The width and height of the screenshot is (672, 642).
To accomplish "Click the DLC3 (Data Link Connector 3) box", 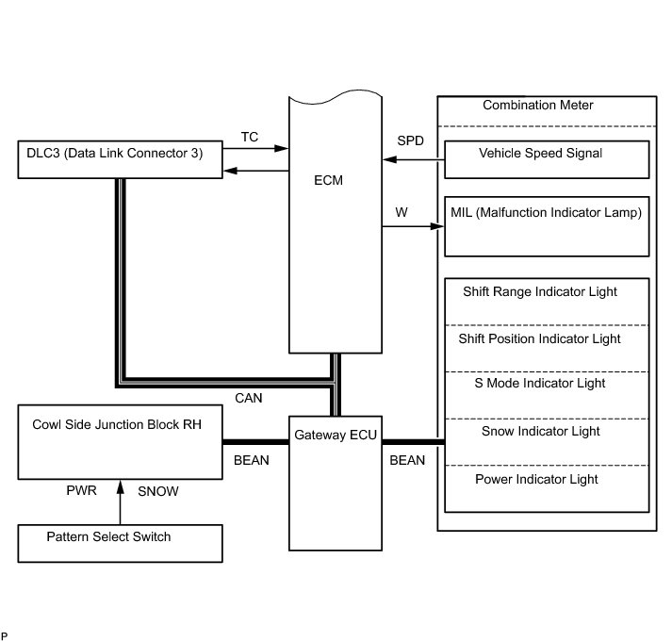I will pos(121,159).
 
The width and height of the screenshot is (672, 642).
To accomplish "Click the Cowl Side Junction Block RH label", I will pos(117,424).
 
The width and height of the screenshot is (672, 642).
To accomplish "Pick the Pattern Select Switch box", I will pos(121,543).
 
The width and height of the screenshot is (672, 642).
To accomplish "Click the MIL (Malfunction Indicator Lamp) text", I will pos(547,213).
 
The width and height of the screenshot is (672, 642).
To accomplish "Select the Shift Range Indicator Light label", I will pos(540,292).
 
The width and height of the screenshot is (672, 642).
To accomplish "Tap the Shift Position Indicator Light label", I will pos(540,338).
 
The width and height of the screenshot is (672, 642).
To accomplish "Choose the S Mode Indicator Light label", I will pos(540,384).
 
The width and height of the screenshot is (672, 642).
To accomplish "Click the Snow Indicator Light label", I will pos(540,432).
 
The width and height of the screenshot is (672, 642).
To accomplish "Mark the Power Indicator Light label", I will pos(536,479).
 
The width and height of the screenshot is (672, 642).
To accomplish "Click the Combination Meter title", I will pos(538,106).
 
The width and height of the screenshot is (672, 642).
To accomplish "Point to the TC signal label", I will pos(250,138).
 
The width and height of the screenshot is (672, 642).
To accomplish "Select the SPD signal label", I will pos(410,141).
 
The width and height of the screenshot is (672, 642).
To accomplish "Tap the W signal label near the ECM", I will pos(402,212).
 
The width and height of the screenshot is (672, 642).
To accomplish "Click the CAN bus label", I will pos(248,399).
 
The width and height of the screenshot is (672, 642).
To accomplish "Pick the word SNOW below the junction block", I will pos(157,491).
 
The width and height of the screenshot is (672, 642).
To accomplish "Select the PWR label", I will pos(82,491).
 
